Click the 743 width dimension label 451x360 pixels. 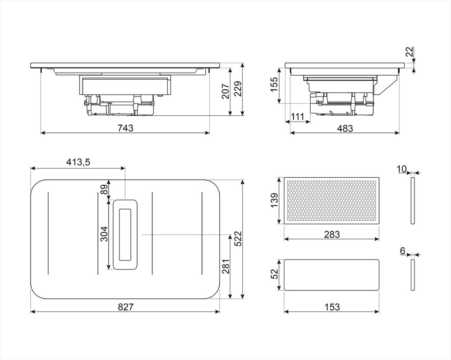125,128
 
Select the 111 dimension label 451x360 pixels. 297,117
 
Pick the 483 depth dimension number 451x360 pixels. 345,128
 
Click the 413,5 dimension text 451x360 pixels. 78,163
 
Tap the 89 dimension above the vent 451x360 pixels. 105,191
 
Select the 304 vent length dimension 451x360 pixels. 104,234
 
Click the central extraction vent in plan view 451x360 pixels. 125,234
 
